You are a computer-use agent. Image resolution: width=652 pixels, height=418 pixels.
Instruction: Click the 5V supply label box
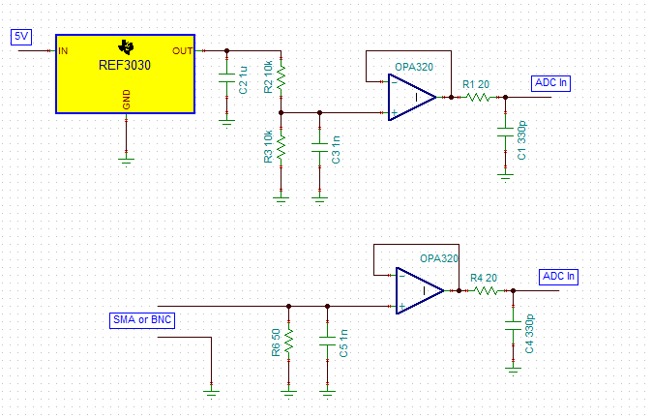[x=21, y=37]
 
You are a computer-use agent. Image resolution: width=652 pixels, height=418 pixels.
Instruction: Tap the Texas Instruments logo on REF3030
[x=126, y=47]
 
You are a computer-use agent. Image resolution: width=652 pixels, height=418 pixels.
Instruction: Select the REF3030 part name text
[x=125, y=65]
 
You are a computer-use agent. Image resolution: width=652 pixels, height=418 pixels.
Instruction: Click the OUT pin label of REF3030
[x=183, y=50]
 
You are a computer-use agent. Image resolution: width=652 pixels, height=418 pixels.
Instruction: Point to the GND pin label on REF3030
[x=127, y=100]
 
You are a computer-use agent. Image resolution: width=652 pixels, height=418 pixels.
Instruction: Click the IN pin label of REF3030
[x=63, y=50]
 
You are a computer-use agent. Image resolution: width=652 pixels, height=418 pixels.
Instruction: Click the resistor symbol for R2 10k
[x=282, y=76]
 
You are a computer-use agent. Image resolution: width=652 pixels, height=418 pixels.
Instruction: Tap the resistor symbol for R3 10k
[x=282, y=146]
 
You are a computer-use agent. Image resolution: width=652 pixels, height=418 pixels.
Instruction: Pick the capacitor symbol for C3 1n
[x=319, y=147]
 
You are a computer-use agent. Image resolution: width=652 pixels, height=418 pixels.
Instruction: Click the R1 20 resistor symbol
[x=477, y=98]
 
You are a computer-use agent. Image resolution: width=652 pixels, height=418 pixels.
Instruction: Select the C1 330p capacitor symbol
[x=505, y=132]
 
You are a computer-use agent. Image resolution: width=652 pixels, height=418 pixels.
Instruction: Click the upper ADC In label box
[x=550, y=83]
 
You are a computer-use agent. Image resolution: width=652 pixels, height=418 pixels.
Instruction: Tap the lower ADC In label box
[x=558, y=277]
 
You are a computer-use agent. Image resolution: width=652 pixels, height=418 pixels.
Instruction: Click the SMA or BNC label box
[x=142, y=320]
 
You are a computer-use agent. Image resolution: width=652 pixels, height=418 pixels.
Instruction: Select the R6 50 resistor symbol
[x=288, y=341]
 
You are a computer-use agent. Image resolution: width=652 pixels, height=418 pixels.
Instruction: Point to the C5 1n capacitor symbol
[x=327, y=341]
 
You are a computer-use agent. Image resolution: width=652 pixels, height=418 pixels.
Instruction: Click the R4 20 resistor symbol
[x=486, y=290]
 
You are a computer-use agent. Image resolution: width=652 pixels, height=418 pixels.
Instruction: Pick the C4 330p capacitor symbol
[x=513, y=325]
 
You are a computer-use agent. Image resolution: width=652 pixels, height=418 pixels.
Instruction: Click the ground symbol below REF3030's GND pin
[x=127, y=161]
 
